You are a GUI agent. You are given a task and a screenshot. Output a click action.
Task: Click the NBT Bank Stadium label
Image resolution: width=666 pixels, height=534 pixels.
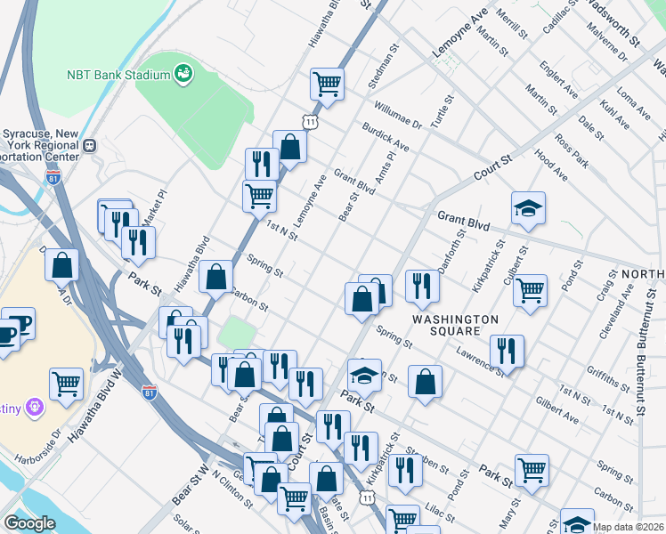tap(118, 75)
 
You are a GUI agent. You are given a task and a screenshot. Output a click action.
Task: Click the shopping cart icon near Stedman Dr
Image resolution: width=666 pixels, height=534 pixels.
tap(328, 85)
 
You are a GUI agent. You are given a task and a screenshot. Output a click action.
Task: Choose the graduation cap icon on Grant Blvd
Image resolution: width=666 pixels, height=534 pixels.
tap(528, 208)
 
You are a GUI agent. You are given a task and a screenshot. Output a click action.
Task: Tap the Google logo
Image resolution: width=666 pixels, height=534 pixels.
tap(29, 522)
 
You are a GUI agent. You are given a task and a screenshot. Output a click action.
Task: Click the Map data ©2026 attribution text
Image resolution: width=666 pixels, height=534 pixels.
tap(628, 527)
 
